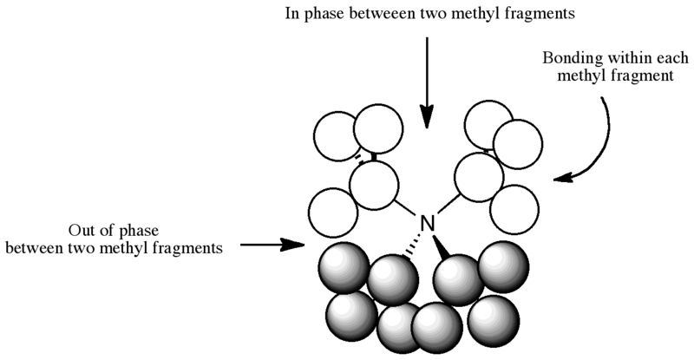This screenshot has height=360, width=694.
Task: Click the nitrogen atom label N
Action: [x=427, y=224]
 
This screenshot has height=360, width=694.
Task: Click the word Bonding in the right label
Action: [x=568, y=59]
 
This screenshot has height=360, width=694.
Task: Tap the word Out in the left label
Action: [x=84, y=232]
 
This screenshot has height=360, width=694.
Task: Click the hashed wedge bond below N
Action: [x=409, y=249]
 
